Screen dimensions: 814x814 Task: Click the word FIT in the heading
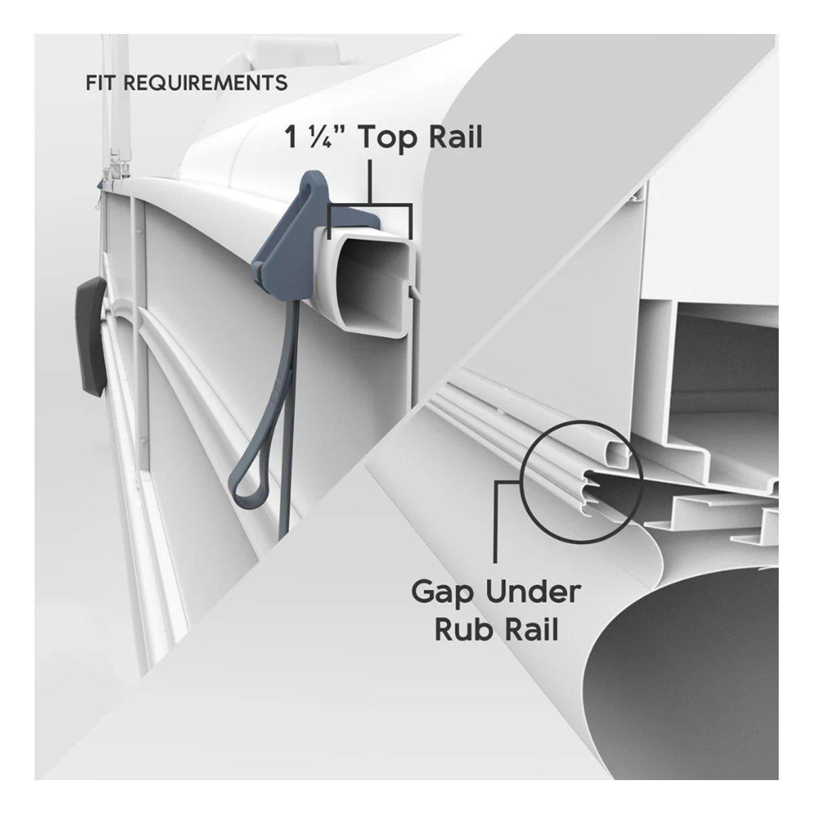[100, 83]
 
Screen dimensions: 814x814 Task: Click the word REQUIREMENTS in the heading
[206, 83]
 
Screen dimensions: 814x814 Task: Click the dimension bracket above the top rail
[370, 207]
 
